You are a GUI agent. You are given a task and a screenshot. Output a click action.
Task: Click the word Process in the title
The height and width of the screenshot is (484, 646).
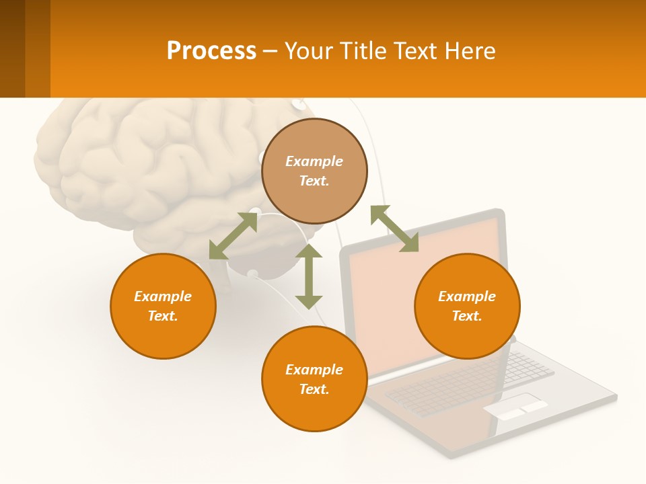(211, 51)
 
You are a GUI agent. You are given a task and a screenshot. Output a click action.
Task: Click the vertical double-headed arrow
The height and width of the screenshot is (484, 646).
(309, 276)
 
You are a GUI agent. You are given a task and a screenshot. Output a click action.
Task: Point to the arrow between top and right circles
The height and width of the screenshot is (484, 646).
(394, 229)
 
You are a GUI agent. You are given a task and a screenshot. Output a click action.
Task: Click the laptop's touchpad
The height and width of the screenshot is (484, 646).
(515, 407)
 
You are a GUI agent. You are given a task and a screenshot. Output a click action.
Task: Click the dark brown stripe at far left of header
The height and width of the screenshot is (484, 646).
(12, 48)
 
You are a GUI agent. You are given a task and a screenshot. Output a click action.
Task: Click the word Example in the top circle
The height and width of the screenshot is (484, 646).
(314, 161)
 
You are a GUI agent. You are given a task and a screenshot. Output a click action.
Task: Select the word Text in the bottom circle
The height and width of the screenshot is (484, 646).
(314, 389)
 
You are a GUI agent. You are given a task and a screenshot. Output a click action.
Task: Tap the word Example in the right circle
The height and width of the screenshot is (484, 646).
(467, 296)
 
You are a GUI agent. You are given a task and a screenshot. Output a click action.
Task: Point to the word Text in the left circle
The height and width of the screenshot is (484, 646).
(163, 316)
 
